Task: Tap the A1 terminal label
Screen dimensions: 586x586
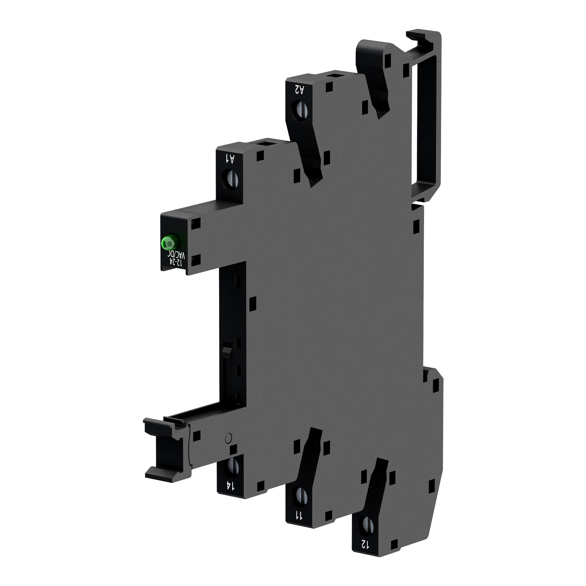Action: pyautogui.click(x=231, y=159)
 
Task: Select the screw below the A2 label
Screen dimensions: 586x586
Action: pyautogui.click(x=301, y=110)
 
